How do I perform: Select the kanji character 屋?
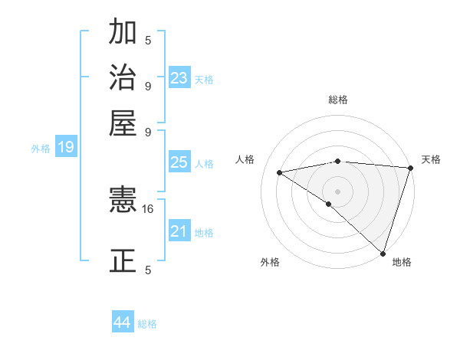pos(123,123)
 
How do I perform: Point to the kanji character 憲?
pos(123,201)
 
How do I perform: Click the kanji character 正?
pos(123,260)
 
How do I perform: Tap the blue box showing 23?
pos(179,78)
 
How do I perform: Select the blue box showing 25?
pos(179,162)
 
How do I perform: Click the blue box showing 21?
pos(179,232)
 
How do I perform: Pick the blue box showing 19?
pos(66,147)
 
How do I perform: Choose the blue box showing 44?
pos(123,322)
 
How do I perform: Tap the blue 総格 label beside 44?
pos(147,324)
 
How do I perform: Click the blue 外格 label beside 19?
pos(41,149)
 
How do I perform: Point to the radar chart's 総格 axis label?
pos(337,100)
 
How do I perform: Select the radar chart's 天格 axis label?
pos(431,159)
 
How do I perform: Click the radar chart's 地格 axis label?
pos(402,262)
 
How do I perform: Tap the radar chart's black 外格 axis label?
pos(270,262)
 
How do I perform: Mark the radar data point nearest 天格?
pos(410,168)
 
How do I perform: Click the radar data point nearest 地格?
pos(383,253)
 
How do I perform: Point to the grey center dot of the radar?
pos(337,191)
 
